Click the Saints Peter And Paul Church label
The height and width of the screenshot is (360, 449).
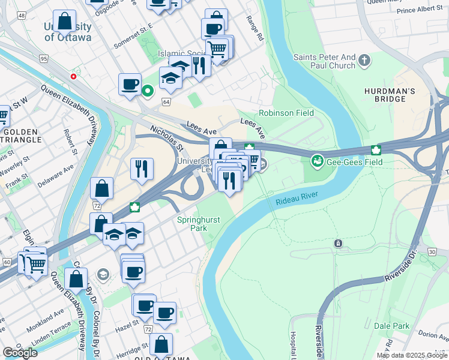coord(324,61)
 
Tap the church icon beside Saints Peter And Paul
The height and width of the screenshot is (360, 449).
coord(364,60)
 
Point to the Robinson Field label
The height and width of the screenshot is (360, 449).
coord(286,113)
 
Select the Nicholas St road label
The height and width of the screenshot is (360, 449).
coord(167,139)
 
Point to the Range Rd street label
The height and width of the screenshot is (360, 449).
coord(255,28)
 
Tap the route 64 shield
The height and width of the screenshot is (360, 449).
coord(166,102)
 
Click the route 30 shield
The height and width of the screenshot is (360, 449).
coord(433,252)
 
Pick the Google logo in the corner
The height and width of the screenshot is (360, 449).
coord(20,353)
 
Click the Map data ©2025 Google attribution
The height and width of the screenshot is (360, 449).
coord(412,355)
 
